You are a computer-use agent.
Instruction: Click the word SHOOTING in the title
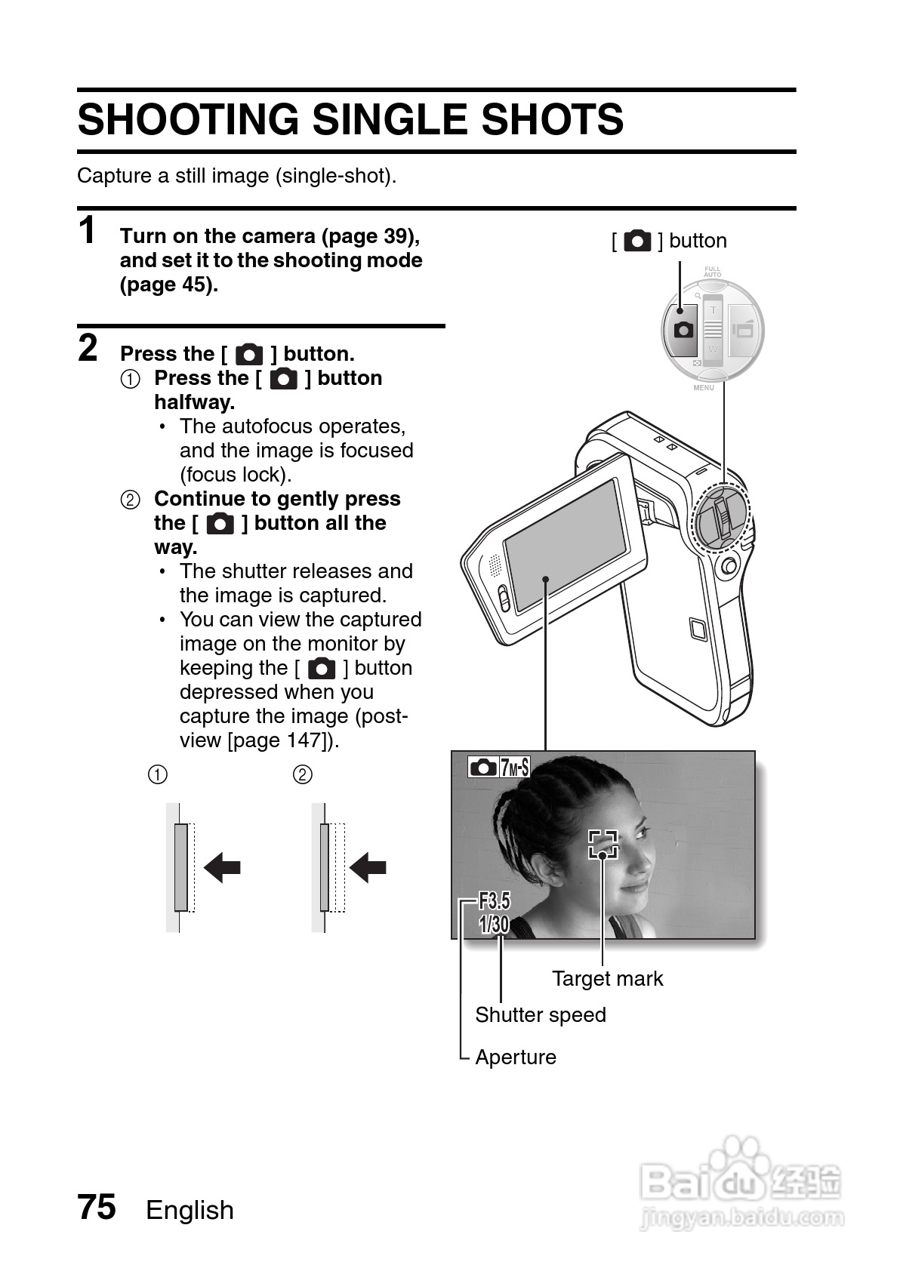pyautogui.click(x=188, y=119)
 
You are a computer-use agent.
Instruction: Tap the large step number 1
pyautogui.click(x=88, y=230)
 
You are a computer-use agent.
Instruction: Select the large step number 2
pyautogui.click(x=88, y=349)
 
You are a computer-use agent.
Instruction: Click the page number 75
pyautogui.click(x=97, y=1206)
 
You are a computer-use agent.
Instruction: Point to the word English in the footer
pyautogui.click(x=190, y=1210)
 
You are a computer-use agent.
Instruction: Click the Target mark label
pyautogui.click(x=607, y=978)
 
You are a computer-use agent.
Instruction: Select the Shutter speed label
pyautogui.click(x=541, y=1014)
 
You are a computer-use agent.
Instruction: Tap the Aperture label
pyautogui.click(x=516, y=1057)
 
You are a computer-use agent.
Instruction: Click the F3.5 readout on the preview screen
pyautogui.click(x=495, y=901)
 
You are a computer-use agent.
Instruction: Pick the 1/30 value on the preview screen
pyautogui.click(x=494, y=924)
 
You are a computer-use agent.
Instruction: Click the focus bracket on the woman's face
pyautogui.click(x=603, y=844)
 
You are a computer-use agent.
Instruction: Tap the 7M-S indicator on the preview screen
pyautogui.click(x=514, y=768)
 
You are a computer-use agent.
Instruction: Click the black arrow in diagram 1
pyautogui.click(x=223, y=867)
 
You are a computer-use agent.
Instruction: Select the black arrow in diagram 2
pyautogui.click(x=368, y=867)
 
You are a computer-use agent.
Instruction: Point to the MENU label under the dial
pyautogui.click(x=704, y=387)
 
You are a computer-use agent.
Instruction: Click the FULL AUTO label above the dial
pyautogui.click(x=713, y=272)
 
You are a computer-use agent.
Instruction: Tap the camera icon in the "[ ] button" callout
pyautogui.click(x=637, y=241)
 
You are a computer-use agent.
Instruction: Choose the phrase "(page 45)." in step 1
pyautogui.click(x=169, y=285)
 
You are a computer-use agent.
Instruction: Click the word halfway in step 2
pyautogui.click(x=195, y=402)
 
